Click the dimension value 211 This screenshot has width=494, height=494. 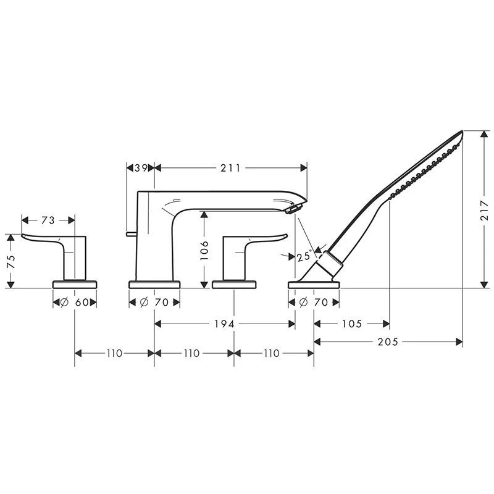tap(230, 168)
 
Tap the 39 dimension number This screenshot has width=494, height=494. tap(140, 168)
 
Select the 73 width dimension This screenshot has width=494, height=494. tap(48, 220)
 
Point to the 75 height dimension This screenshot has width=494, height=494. tap(10, 261)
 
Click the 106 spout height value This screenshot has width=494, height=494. tap(205, 251)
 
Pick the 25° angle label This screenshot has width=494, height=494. tap(303, 257)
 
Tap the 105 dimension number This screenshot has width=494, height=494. tap(351, 324)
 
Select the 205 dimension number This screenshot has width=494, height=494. tap(388, 341)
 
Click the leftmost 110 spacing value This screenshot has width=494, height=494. tap(114, 353)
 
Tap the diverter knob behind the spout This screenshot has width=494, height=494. tap(130, 233)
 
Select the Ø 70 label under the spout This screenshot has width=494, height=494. tap(154, 303)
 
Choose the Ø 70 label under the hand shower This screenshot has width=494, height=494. tap(314, 303)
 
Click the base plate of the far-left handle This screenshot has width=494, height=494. tap(75, 284)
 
